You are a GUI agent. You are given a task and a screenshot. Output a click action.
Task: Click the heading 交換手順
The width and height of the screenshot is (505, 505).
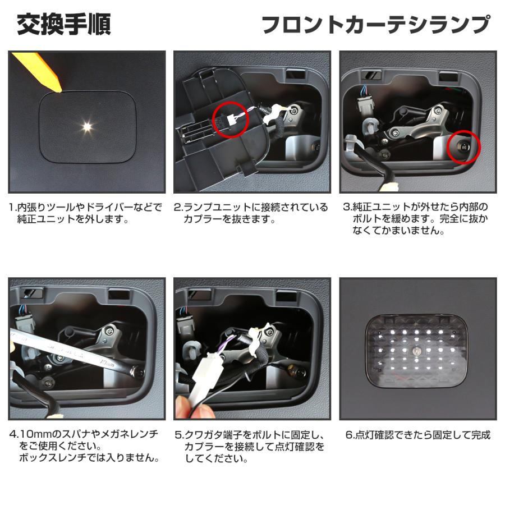(63, 25)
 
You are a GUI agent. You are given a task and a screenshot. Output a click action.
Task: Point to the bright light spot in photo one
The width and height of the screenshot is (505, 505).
(87, 126)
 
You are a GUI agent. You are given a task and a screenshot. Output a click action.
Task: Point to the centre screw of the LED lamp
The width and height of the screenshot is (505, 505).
(418, 350)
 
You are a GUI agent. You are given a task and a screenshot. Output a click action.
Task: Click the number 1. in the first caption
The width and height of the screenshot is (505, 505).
(13, 208)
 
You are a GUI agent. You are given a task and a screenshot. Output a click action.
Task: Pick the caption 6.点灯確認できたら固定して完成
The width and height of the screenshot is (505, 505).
(417, 435)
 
